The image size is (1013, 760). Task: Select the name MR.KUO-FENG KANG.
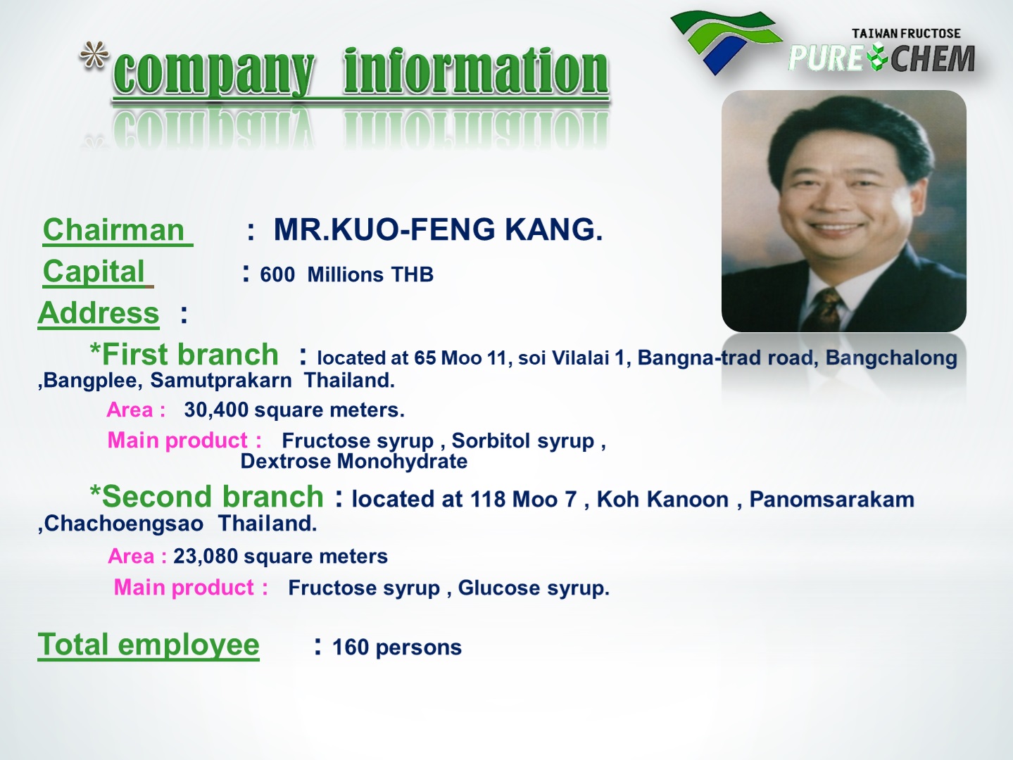(x=438, y=229)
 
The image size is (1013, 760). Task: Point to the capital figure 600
(x=277, y=275)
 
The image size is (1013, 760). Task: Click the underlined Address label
(x=99, y=313)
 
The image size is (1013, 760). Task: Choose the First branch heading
(x=184, y=355)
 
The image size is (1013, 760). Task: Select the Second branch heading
(x=207, y=497)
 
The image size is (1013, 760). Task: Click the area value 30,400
(x=216, y=410)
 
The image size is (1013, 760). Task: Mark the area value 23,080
(x=206, y=557)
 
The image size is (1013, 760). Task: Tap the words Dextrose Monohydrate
(x=354, y=461)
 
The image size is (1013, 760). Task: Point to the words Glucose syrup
(x=534, y=588)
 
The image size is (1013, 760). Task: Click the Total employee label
(x=149, y=645)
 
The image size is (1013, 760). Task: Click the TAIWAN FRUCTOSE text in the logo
(x=906, y=34)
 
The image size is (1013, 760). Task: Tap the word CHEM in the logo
(x=933, y=58)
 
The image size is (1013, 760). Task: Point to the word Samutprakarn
(x=221, y=381)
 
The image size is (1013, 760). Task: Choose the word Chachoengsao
(x=124, y=524)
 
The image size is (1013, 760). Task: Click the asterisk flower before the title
(x=94, y=56)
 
